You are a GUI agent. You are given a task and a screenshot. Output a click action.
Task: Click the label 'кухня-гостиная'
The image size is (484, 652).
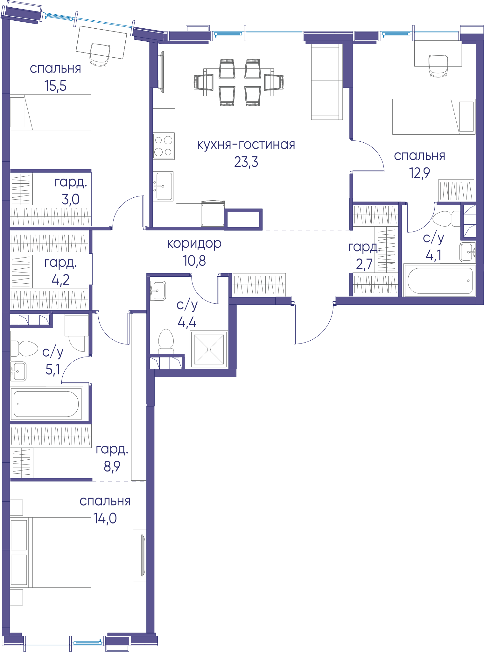(x=246, y=145)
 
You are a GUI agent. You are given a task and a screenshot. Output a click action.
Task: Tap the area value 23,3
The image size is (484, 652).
(x=246, y=162)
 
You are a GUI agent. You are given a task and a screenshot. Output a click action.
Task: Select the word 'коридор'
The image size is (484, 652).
(x=194, y=244)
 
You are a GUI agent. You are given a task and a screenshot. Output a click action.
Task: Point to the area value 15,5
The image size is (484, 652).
(x=55, y=86)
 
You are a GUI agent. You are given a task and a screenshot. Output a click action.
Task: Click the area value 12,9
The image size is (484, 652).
(x=419, y=173)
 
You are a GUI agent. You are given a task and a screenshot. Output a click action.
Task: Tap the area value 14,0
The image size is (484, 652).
(x=105, y=518)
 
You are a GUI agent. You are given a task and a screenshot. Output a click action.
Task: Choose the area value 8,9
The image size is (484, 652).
(x=112, y=466)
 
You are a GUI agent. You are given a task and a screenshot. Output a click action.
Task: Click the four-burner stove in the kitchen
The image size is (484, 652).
(x=164, y=146)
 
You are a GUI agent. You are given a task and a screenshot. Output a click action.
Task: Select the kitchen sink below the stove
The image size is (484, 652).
(x=163, y=186)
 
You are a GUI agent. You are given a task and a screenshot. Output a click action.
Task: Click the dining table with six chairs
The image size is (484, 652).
(x=238, y=82)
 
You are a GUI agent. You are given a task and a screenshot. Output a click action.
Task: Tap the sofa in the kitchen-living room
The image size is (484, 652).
(x=327, y=82)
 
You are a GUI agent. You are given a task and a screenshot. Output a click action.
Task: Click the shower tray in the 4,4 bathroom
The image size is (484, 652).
(x=209, y=350)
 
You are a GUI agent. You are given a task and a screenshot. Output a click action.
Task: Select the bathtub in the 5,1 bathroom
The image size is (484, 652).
(x=46, y=404)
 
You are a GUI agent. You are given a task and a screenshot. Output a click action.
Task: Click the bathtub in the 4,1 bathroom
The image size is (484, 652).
(x=439, y=280)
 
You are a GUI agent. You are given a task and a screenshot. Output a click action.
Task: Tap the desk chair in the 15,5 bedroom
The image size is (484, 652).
(x=100, y=54)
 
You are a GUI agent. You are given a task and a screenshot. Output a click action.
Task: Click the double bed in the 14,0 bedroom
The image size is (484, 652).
(x=51, y=552)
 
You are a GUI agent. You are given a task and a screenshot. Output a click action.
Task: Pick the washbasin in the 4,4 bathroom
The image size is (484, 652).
(x=158, y=290)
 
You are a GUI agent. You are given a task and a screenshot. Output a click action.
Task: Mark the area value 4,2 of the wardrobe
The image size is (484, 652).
(x=60, y=280)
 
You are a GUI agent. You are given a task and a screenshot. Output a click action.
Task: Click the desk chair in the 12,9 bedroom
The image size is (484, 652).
(x=438, y=66)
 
